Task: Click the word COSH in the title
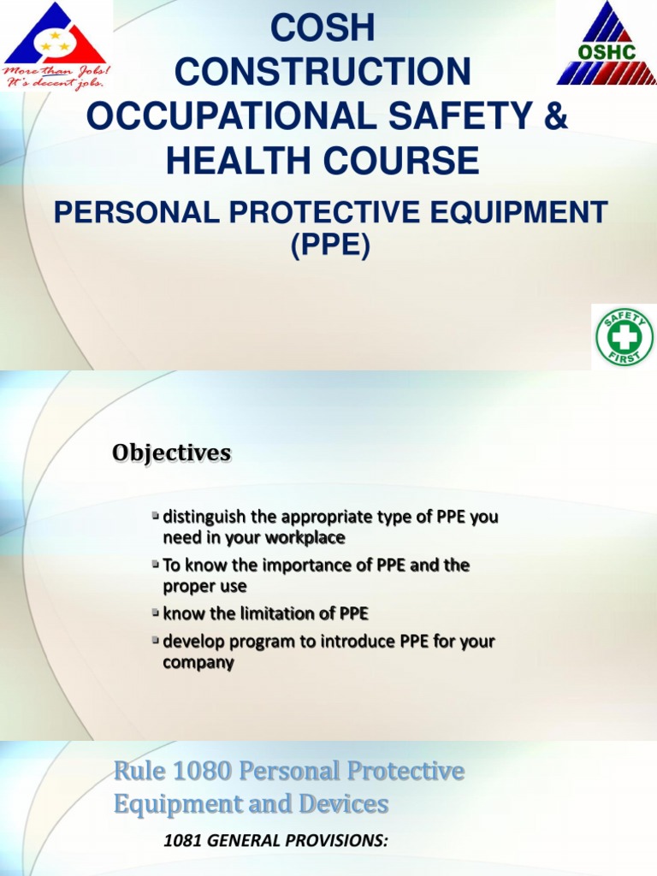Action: coord(323,28)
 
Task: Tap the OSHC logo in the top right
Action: coord(607,44)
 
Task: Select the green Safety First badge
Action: coord(624,337)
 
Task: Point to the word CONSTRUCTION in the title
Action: coord(323,73)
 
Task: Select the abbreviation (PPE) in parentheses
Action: coord(329,246)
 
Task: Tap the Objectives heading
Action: coord(171,453)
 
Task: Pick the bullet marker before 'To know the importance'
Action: coord(155,565)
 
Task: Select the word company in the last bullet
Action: coord(198,662)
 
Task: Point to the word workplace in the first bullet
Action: coord(305,538)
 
